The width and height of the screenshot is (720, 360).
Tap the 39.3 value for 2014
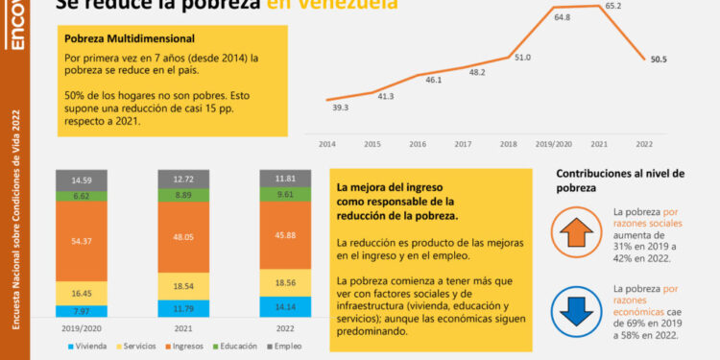pos(340,108)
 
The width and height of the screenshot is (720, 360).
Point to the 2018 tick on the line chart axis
pos(509,142)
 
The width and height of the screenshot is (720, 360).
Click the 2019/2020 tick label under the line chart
pos(554,142)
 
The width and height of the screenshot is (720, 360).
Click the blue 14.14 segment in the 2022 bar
pos(287,307)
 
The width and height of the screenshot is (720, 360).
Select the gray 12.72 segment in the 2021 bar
pos(183,179)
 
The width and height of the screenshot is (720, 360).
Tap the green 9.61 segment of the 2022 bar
pos(287,194)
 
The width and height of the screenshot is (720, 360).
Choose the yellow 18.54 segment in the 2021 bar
pos(183,287)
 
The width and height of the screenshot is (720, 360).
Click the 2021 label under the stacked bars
pos(183,327)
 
